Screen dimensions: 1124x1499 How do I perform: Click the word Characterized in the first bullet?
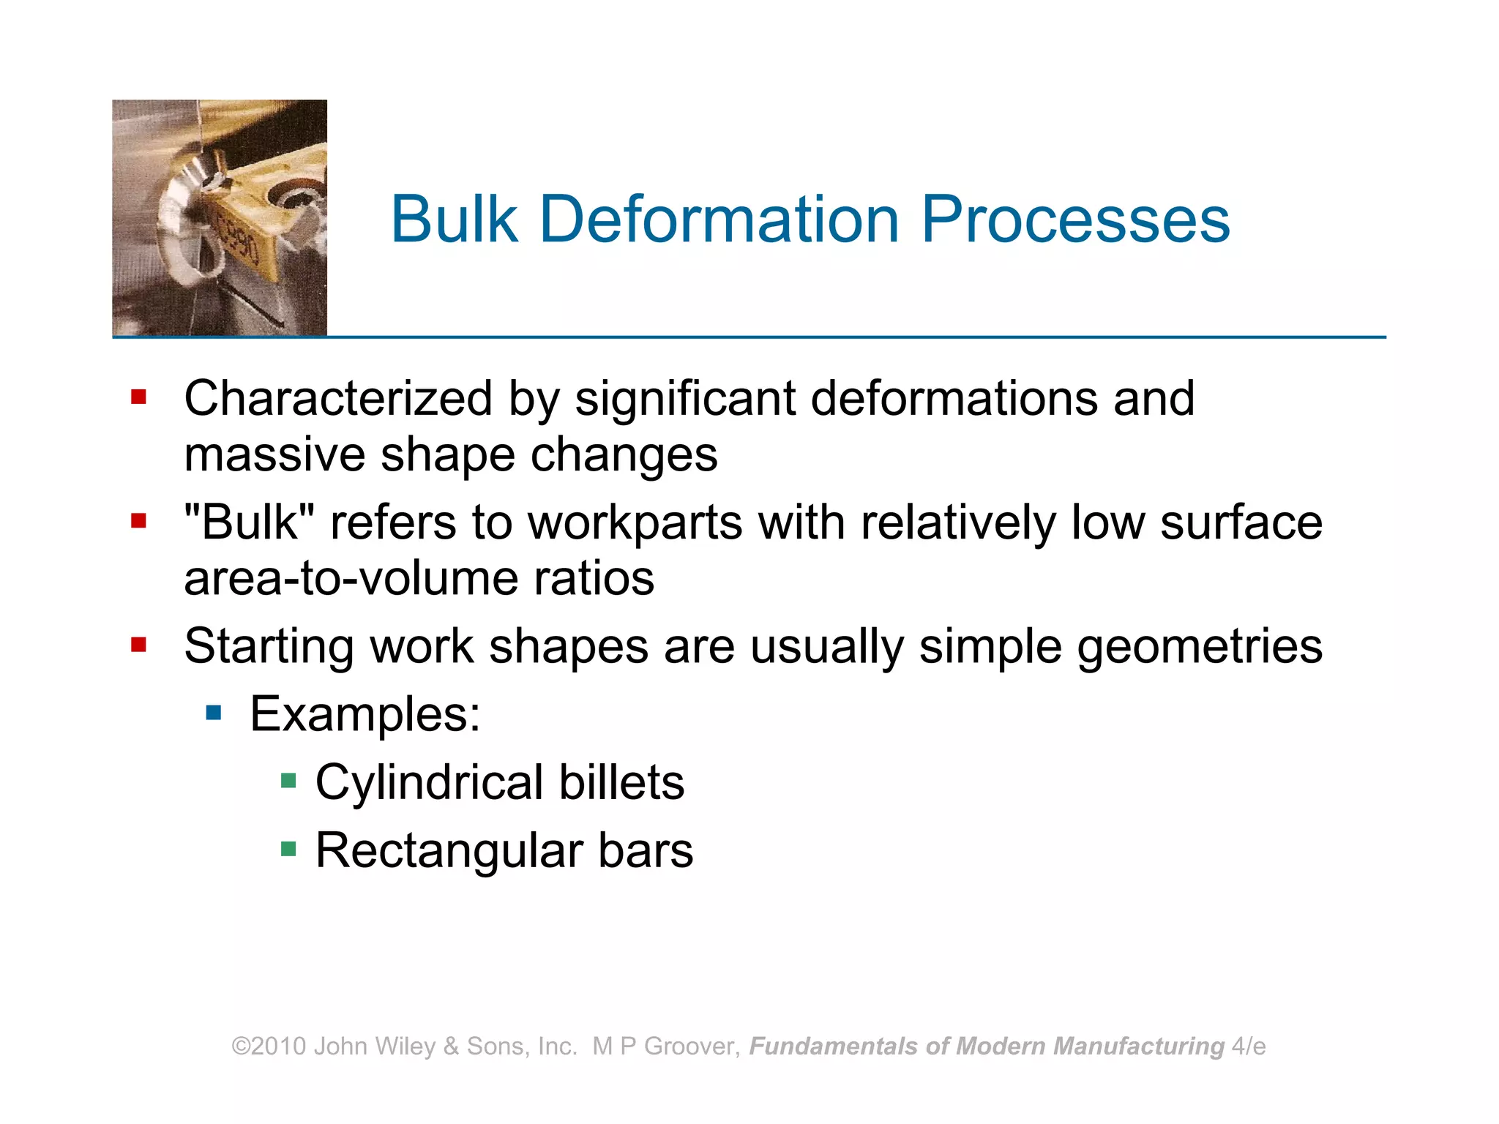[338, 399]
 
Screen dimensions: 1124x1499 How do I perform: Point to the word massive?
[274, 454]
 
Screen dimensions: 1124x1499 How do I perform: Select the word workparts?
[635, 522]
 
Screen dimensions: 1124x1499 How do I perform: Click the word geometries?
[1200, 647]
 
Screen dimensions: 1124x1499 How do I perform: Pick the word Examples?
[365, 714]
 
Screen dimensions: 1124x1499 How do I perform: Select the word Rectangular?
[449, 850]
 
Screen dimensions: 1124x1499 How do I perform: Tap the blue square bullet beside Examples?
[214, 712]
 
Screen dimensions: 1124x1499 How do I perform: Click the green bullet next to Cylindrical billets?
[288, 781]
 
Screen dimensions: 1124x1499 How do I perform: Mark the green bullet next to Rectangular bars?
[288, 849]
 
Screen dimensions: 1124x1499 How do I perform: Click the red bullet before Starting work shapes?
[138, 645]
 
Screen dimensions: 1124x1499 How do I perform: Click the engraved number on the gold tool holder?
[239, 239]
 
